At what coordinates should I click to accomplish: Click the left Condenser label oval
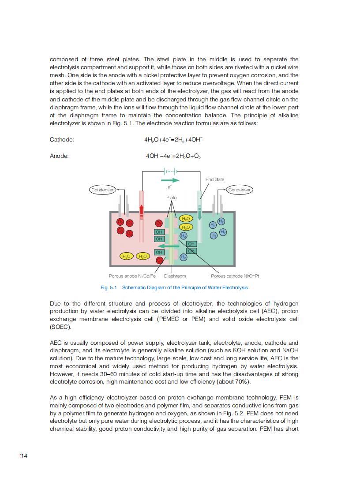pyautogui.click(x=102, y=190)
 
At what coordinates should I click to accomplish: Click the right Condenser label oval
pyautogui.click(x=240, y=190)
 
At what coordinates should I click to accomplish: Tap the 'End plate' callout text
pyautogui.click(x=215, y=179)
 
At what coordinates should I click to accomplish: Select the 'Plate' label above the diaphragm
pyautogui.click(x=172, y=198)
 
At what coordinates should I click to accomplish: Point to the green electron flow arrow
pyautogui.click(x=170, y=180)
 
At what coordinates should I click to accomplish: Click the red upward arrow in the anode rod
pyautogui.click(x=142, y=211)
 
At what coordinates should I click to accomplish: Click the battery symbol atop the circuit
pyautogui.click(x=170, y=170)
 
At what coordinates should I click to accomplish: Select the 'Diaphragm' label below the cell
pyautogui.click(x=175, y=276)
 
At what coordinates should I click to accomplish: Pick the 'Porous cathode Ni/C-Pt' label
pyautogui.click(x=235, y=276)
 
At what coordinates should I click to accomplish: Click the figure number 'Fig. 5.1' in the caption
pyautogui.click(x=108, y=287)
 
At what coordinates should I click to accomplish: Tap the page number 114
pyautogui.click(x=23, y=455)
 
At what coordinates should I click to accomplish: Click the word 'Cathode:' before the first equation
pyautogui.click(x=62, y=140)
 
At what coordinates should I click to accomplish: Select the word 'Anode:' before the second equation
pyautogui.click(x=59, y=156)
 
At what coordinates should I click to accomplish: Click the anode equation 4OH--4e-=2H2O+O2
pyautogui.click(x=173, y=156)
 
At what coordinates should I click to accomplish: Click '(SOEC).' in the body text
pyautogui.click(x=60, y=327)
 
